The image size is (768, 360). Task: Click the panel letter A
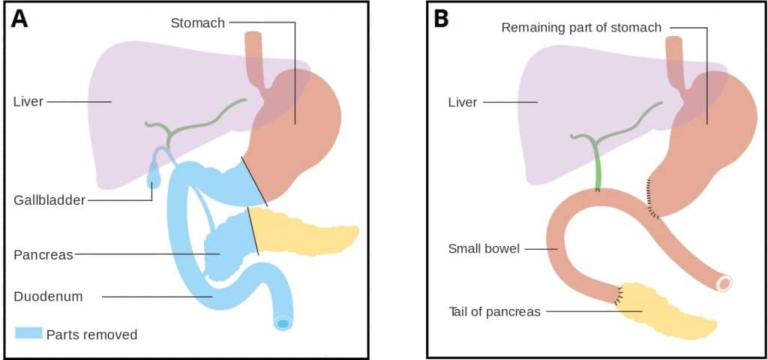19,18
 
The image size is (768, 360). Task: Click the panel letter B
441,18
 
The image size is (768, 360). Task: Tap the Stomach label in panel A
197,22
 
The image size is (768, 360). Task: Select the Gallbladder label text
48,200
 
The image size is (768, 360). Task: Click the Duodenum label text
48,296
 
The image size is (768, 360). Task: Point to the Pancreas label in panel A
43,254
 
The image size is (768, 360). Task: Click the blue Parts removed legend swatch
28,334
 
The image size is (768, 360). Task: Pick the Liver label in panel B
462,102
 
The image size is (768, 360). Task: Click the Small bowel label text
484,248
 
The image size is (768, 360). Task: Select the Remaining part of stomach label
581,28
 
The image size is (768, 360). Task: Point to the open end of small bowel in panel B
724,283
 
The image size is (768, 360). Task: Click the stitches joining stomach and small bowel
650,199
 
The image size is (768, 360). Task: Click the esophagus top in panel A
253,37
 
